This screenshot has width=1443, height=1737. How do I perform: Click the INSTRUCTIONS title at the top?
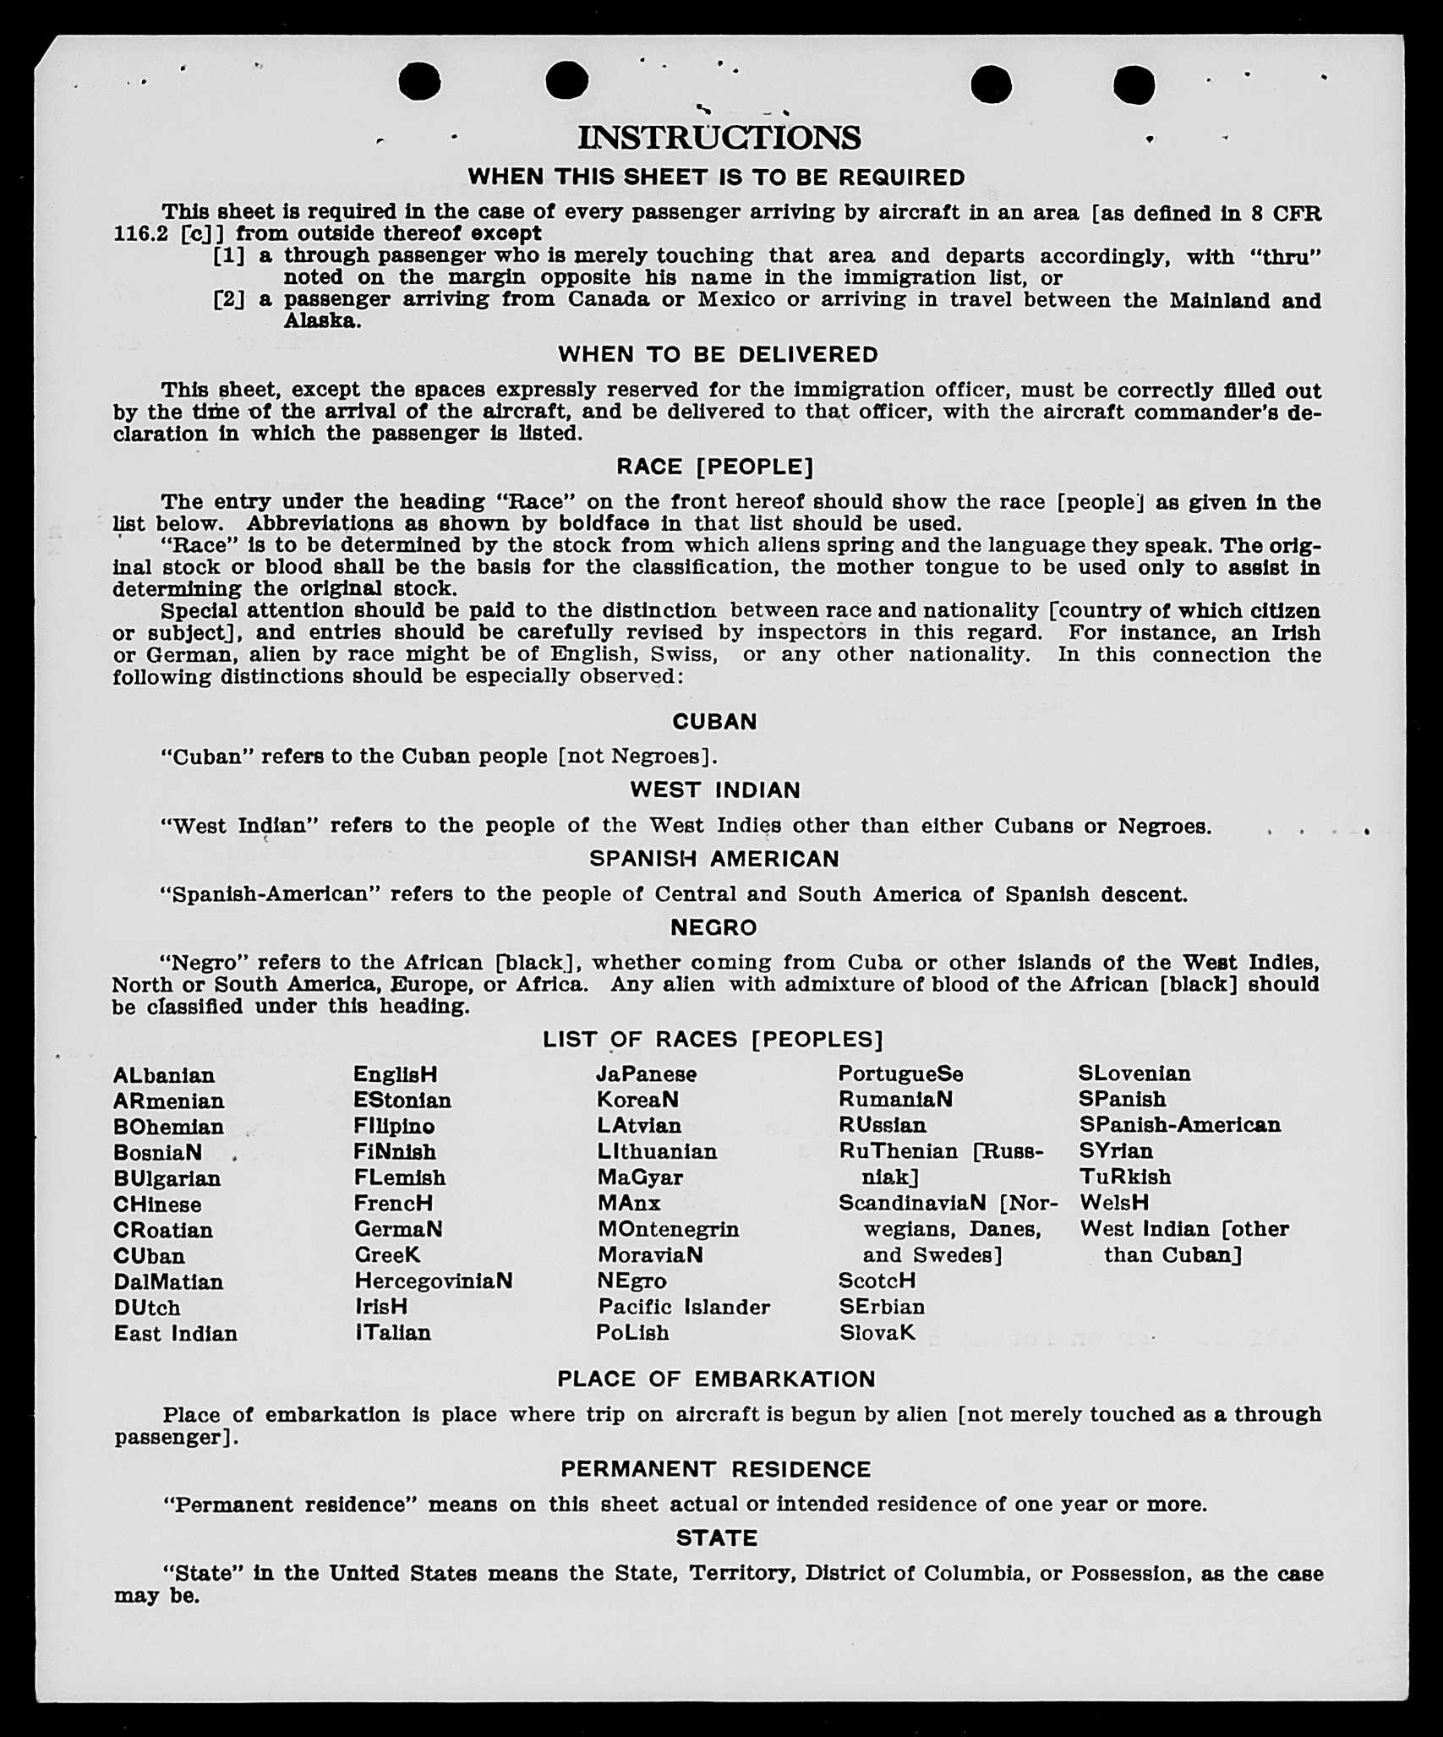click(x=719, y=138)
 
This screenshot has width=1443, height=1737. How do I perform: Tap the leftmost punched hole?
click(x=419, y=82)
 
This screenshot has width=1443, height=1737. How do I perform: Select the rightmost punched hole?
click(x=1134, y=85)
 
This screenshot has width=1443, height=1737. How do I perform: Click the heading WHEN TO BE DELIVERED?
click(x=718, y=355)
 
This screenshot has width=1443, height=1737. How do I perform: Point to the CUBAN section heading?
click(x=714, y=721)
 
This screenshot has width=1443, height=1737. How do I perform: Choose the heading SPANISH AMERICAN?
click(x=714, y=859)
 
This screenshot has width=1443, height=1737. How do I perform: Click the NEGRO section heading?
click(x=713, y=927)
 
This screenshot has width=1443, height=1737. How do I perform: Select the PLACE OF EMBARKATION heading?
click(x=716, y=1379)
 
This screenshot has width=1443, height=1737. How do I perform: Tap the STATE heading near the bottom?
click(x=716, y=1538)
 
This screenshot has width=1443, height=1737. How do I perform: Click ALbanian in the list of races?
click(x=164, y=1075)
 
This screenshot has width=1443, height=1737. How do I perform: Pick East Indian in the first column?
click(x=176, y=1334)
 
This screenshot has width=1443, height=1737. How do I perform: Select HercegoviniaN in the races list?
click(x=433, y=1281)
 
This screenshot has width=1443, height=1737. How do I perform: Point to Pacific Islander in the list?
click(x=684, y=1308)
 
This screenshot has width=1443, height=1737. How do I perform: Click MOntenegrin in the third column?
click(x=668, y=1229)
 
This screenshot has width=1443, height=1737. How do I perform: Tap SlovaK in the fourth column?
click(x=877, y=1333)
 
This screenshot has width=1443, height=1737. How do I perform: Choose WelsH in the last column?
click(x=1114, y=1203)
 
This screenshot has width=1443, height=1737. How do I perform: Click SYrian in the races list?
click(x=1116, y=1151)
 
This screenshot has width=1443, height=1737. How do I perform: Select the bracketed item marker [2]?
click(x=229, y=299)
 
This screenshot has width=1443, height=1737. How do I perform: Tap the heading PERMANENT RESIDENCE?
click(x=715, y=1469)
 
